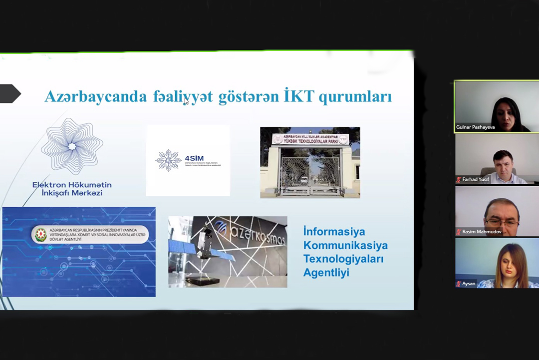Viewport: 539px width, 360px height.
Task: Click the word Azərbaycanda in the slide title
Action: click(95, 96)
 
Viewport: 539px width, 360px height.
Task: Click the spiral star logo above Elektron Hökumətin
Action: click(72, 146)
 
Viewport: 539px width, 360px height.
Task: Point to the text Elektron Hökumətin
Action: click(72, 185)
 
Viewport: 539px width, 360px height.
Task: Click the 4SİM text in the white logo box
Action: click(194, 158)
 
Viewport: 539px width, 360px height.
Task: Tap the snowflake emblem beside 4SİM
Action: click(168, 160)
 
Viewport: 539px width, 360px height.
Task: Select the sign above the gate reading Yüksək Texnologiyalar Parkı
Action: click(309, 138)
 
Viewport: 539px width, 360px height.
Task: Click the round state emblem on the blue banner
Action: click(40, 234)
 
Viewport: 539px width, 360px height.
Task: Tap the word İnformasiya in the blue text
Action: click(334, 232)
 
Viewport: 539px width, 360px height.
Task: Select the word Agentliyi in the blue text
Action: click(326, 273)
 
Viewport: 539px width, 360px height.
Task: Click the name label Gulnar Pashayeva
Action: click(475, 127)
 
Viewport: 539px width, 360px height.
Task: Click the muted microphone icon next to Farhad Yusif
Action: click(459, 179)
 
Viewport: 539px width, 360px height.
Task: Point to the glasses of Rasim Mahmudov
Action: click(502, 222)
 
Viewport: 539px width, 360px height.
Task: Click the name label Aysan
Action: click(469, 284)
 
